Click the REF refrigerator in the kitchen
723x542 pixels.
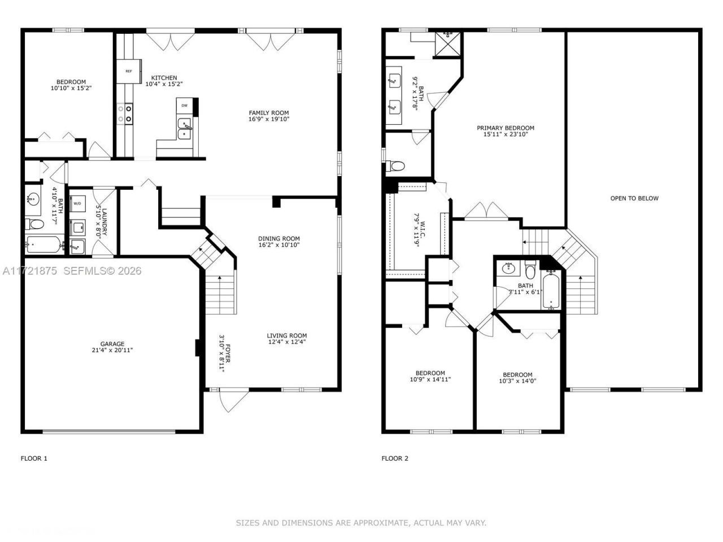tap(129, 71)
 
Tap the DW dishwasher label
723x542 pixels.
tap(185, 106)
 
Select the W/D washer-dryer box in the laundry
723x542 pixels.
tap(77, 204)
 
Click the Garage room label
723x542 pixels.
tap(112, 344)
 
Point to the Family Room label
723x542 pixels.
tap(269, 113)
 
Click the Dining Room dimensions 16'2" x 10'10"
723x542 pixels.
tap(279, 245)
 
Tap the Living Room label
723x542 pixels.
tap(287, 336)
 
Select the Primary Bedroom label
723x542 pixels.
tap(506, 128)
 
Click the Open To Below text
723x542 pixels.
tap(634, 198)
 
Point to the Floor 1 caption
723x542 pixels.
tap(34, 458)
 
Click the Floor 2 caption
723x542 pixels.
tap(395, 458)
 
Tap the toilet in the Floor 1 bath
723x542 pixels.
tap(34, 225)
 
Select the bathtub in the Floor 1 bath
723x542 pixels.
tap(46, 244)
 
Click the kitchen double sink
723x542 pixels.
tap(185, 129)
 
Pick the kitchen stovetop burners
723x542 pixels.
tap(125, 114)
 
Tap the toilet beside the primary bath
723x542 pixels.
tap(395, 166)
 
